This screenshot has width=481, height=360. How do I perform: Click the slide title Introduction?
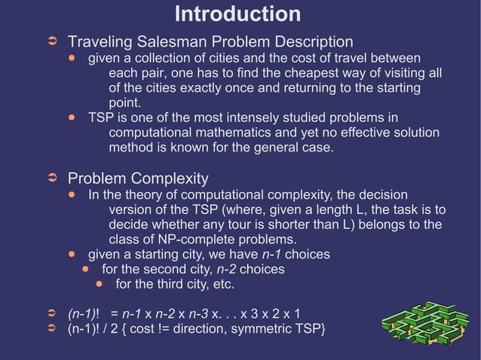237,14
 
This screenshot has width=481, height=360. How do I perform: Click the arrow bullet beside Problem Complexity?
53,179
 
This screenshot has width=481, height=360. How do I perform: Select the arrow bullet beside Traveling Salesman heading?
53,41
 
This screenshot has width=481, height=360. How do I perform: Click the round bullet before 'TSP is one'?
72,118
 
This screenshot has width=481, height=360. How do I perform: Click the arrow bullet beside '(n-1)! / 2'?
53,330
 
